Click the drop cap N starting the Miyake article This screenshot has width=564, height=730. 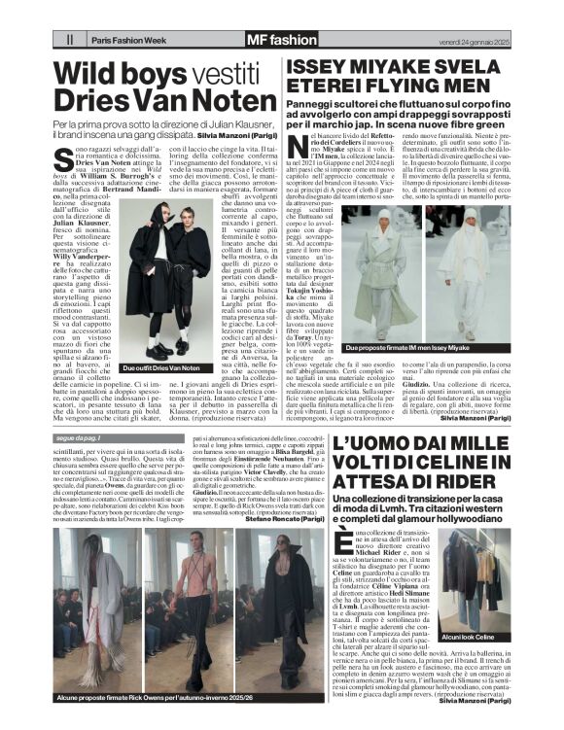pyautogui.click(x=297, y=143)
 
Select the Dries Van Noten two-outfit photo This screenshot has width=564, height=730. pyautogui.click(x=161, y=287)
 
